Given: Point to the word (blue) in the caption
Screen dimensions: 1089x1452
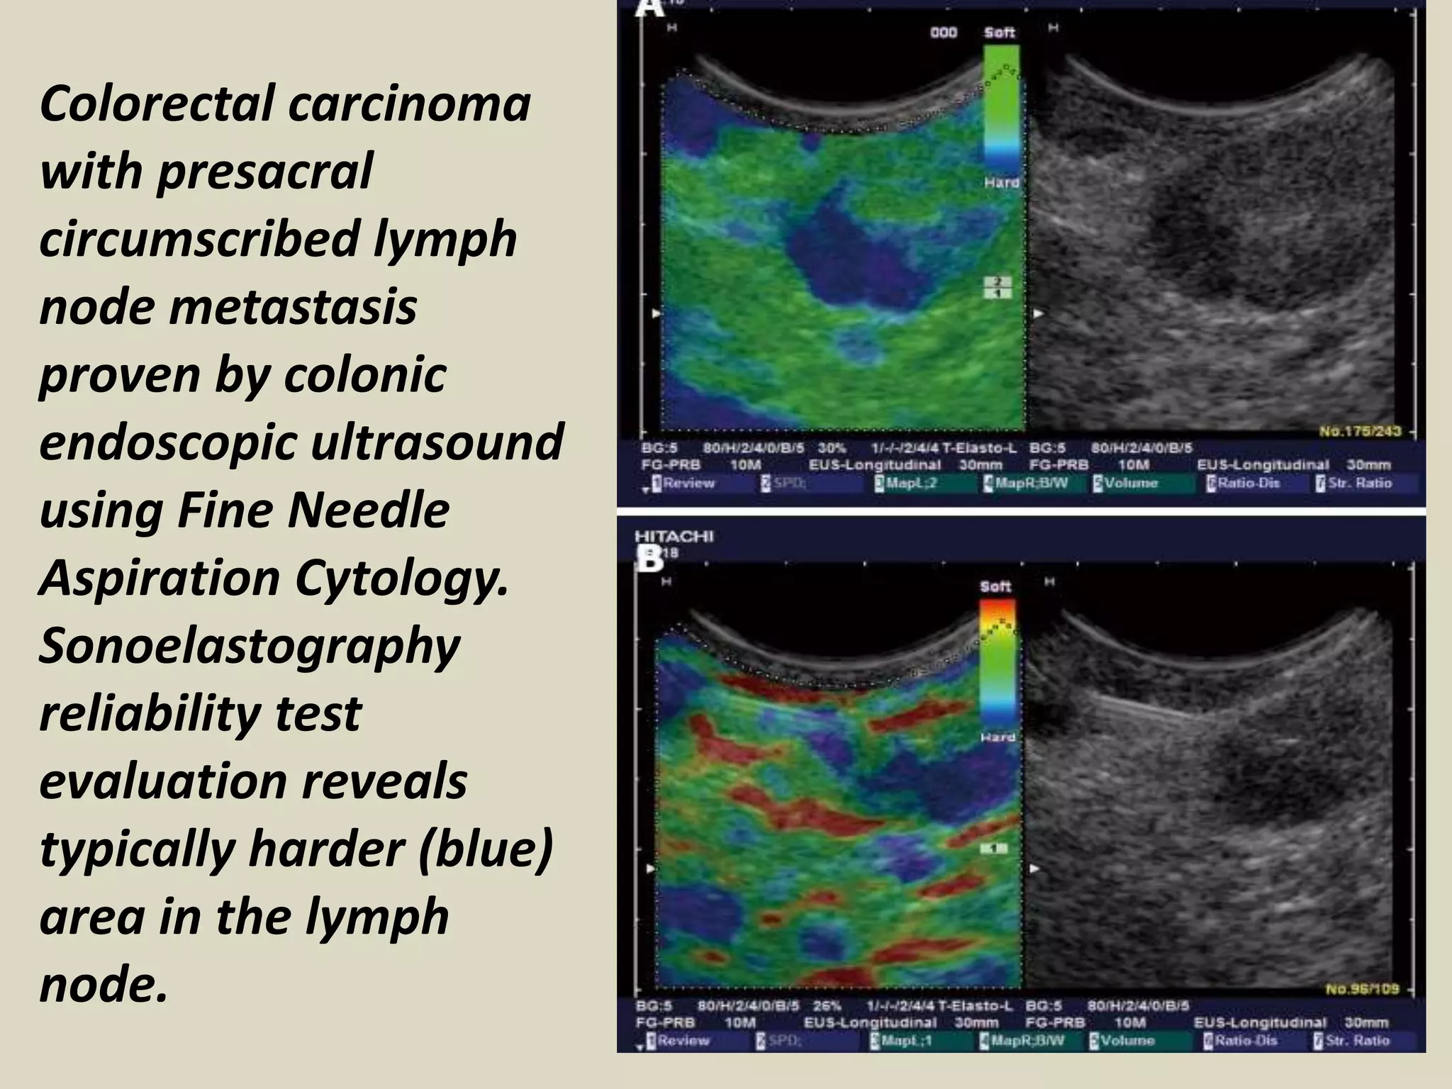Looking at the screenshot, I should (x=485, y=849).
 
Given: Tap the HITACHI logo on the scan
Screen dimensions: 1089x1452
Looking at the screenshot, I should (x=674, y=537).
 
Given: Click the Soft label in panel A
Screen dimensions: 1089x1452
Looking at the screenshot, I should (x=999, y=33).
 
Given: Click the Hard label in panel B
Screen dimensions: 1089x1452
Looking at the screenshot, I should (x=997, y=737).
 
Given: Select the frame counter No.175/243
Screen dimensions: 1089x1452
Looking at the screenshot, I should (x=1360, y=431).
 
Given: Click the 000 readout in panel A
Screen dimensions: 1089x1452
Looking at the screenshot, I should (x=944, y=33).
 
